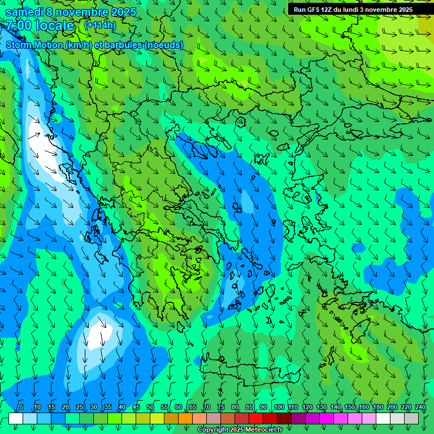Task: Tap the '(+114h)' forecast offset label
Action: coord(100,25)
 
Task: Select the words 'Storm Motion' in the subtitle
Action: coord(34,45)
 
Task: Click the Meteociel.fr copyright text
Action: coord(240,430)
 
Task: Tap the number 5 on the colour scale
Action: coord(21,407)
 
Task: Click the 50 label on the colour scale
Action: coord(150,407)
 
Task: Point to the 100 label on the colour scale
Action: coord(279,407)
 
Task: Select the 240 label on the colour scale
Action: coord(420,407)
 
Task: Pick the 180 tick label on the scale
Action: coord(377,407)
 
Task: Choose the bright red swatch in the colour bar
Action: coord(256,418)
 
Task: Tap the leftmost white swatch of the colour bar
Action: coord(16,418)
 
